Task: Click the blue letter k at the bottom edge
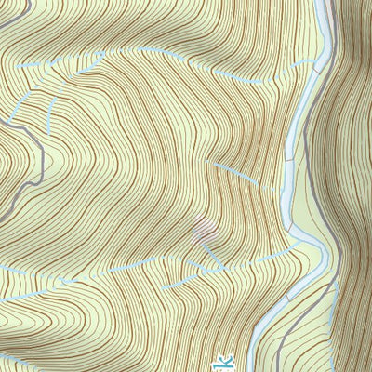pos(221,362)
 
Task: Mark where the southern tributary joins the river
pos(295,246)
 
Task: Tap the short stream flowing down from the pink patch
pos(212,251)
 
